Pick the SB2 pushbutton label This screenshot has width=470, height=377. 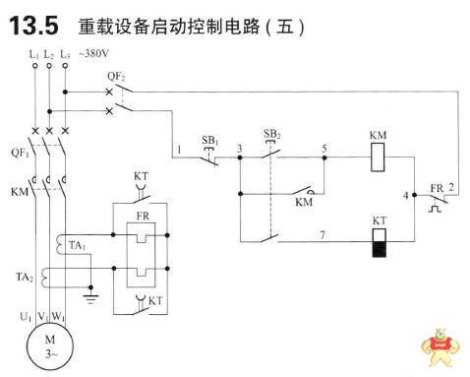[x=272, y=131]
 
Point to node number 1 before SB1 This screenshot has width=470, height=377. [x=181, y=150]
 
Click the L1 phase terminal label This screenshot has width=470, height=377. [x=34, y=52]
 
